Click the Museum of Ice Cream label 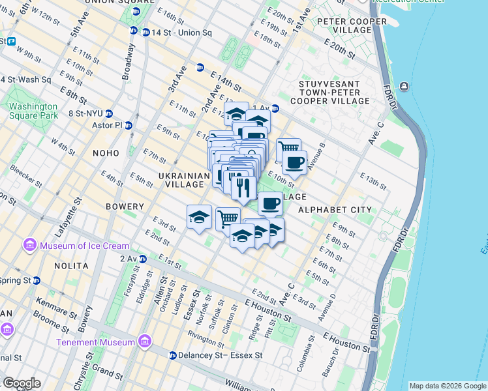click(84, 246)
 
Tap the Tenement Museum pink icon click(144, 342)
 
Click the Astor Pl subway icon click(129, 125)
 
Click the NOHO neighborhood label click(106, 153)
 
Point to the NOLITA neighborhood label click(72, 266)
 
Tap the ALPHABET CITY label click(334, 210)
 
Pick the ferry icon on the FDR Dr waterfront click(405, 87)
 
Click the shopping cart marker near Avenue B click(288, 149)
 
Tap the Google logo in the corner click(21, 383)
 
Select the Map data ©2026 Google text click(447, 386)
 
